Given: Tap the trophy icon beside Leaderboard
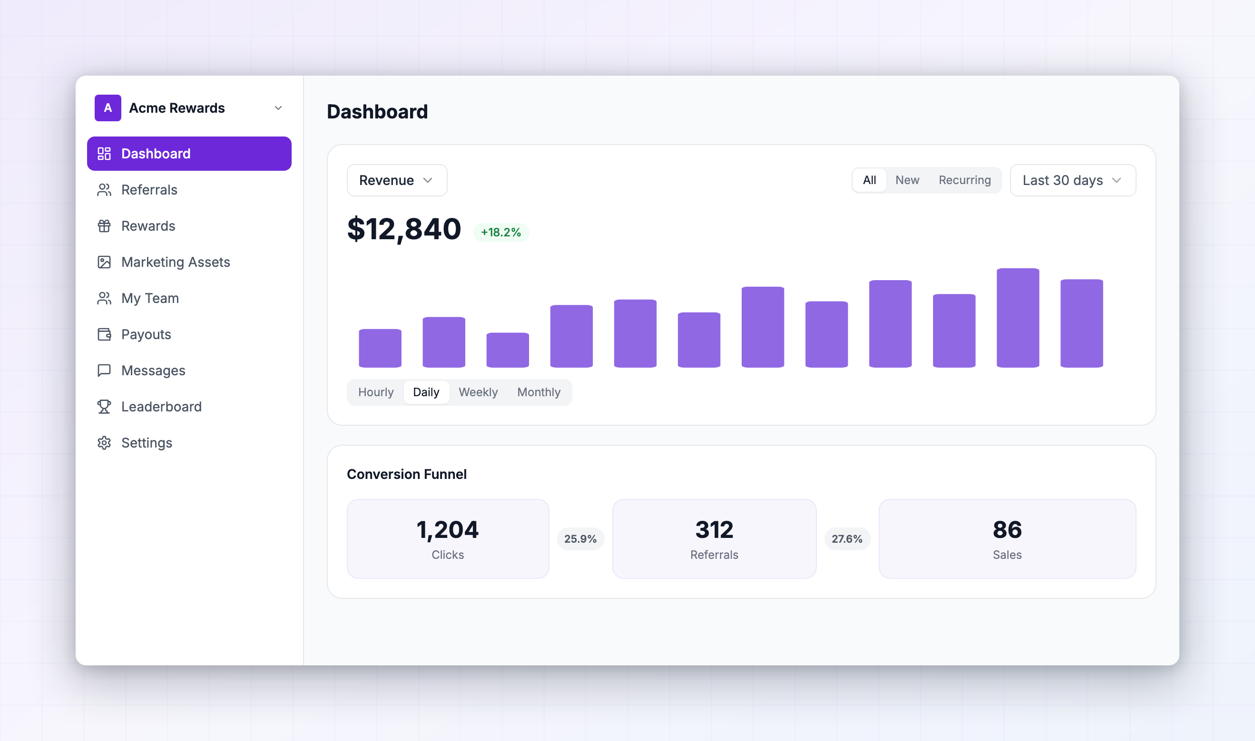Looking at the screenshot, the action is click(x=104, y=407).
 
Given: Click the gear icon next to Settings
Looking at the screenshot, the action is click(x=104, y=443).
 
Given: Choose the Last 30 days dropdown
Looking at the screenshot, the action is click(x=1073, y=180).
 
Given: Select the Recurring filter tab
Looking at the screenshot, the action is click(x=965, y=180).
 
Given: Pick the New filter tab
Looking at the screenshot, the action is click(x=907, y=180).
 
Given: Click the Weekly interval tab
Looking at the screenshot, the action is click(x=478, y=392).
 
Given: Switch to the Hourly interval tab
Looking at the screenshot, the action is click(x=376, y=392).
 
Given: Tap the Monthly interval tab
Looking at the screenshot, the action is click(x=539, y=392).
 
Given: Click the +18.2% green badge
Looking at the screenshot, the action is click(x=501, y=232).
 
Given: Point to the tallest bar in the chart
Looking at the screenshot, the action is click(x=1018, y=318).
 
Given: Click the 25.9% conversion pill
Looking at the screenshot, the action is click(x=580, y=539).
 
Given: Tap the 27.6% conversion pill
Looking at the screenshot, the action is click(x=847, y=539).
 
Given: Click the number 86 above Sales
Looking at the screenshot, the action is click(x=1007, y=530).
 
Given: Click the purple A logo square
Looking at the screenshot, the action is click(x=108, y=108).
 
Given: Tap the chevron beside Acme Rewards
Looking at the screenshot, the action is click(x=278, y=108).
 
